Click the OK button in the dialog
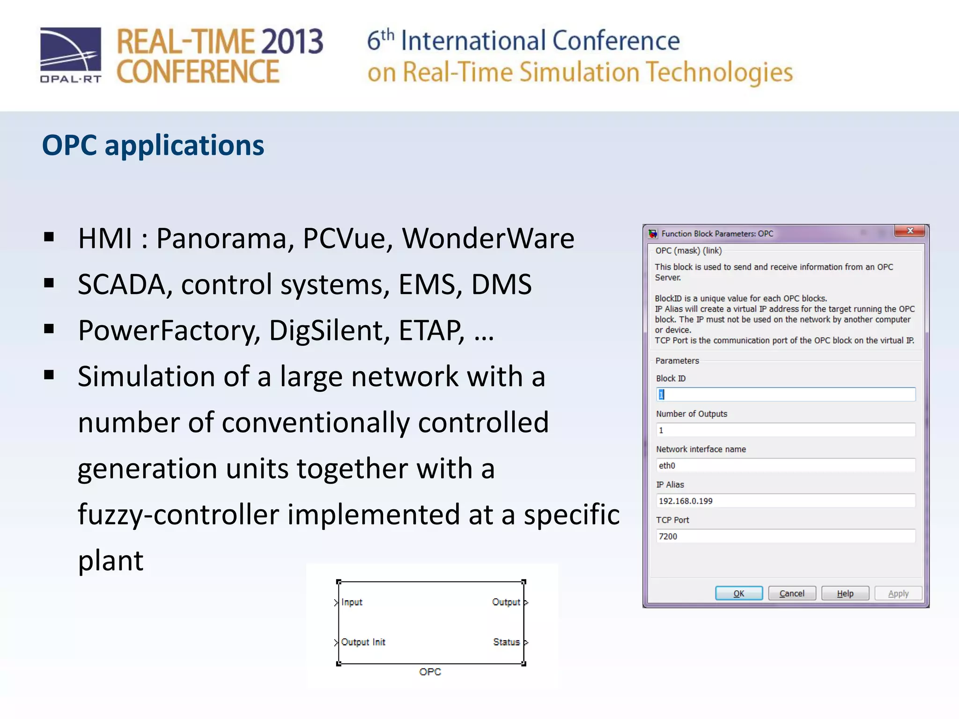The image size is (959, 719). [738, 593]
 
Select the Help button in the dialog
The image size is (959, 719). [845, 593]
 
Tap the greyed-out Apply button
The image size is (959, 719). [898, 593]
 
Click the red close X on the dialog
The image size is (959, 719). [910, 231]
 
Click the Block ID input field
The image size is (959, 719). [785, 395]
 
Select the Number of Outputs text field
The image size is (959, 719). [785, 430]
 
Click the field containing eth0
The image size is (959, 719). [785, 465]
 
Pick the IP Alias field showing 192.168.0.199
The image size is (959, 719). [785, 501]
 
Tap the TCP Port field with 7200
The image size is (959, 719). [785, 536]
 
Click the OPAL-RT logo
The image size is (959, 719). [71, 55]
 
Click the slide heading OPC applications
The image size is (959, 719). [153, 145]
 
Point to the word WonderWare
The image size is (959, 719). [488, 238]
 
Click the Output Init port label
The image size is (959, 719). [363, 642]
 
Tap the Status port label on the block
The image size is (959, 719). [506, 642]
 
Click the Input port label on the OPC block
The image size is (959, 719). [352, 602]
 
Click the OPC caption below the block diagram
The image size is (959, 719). [430, 672]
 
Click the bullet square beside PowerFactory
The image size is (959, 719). [49, 329]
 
